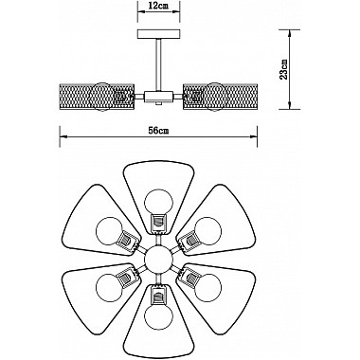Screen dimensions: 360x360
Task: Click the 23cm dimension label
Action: [x=302, y=68]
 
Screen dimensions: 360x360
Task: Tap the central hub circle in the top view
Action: [x=157, y=258]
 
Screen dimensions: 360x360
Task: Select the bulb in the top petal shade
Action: [x=157, y=203]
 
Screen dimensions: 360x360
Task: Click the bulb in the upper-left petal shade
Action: [x=107, y=230]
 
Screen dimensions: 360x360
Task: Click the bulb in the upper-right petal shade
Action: [x=208, y=230]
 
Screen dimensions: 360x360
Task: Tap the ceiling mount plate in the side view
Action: [x=158, y=36]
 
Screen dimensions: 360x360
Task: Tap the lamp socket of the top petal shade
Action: [x=157, y=223]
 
